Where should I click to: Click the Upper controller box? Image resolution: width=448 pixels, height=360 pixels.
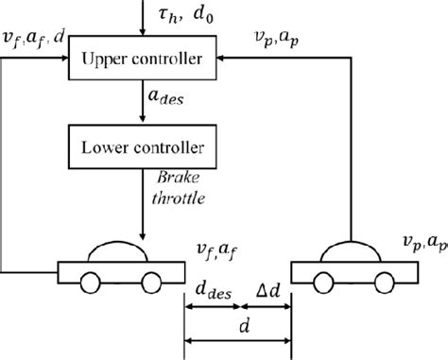point(141,60)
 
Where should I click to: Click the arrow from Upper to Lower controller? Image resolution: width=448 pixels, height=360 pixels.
point(141,104)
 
